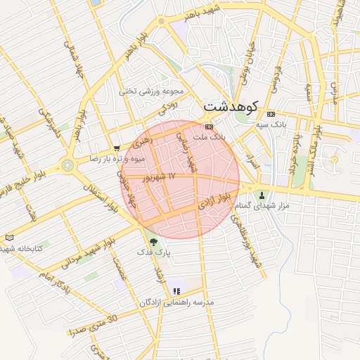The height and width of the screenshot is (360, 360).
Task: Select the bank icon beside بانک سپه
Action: [271, 115]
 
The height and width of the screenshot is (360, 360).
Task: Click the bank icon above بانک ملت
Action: [208, 127]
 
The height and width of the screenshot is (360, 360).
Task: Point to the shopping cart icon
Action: [116, 148]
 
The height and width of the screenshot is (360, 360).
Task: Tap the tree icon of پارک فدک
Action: [154, 242]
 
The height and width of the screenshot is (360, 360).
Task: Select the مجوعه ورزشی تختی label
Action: [151, 91]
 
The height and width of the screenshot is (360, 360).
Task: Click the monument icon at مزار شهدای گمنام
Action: [264, 195]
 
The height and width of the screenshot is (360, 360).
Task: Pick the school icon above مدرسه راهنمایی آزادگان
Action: [176, 290]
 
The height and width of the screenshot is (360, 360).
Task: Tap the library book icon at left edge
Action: [8, 238]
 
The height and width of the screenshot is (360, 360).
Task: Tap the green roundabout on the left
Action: [68, 166]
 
